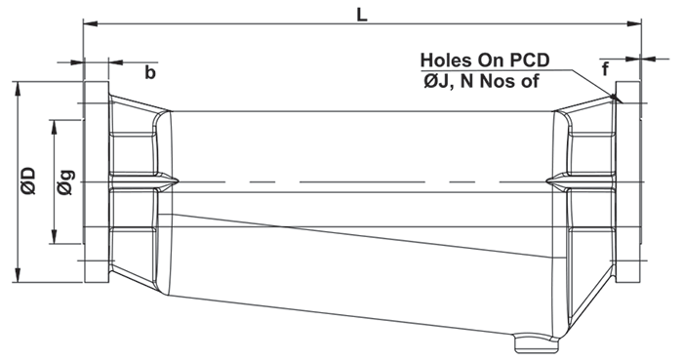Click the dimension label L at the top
[x=362, y=15]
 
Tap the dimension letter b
[x=150, y=73]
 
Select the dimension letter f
[x=605, y=68]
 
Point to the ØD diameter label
[x=28, y=180]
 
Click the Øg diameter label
[x=65, y=181]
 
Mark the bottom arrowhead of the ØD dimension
[x=18, y=275]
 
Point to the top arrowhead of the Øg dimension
[x=54, y=126]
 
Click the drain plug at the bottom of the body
[x=537, y=343]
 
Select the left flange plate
[x=97, y=181]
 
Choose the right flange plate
[x=627, y=181]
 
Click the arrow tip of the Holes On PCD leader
[x=622, y=102]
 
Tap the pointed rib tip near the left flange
[x=179, y=181]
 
